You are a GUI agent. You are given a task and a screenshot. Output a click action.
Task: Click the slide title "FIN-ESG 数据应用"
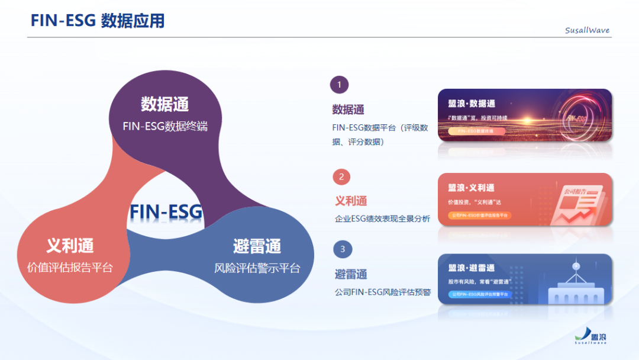click(x=98, y=21)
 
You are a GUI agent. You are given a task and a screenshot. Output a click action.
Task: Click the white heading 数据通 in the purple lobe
click(x=164, y=104)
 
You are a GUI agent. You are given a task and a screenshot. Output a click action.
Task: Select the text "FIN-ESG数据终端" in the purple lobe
click(x=165, y=126)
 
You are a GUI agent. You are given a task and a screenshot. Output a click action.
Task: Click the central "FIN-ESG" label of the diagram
click(x=166, y=211)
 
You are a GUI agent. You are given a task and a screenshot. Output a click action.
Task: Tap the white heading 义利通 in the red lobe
click(x=70, y=245)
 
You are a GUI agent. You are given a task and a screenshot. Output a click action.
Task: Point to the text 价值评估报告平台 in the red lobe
click(x=70, y=267)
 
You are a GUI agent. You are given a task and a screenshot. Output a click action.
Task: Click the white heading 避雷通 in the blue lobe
click(x=257, y=246)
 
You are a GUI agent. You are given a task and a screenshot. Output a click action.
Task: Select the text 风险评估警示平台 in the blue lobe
click(x=257, y=268)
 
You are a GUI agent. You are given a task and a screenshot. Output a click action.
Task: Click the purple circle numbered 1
click(x=339, y=85)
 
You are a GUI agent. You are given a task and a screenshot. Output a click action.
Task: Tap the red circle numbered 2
click(x=341, y=176)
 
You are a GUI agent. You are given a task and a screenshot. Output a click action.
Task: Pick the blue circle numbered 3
click(x=343, y=249)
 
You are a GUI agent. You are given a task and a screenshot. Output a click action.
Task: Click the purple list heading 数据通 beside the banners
click(x=348, y=110)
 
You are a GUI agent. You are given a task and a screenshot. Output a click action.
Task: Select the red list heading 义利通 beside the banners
click(x=351, y=201)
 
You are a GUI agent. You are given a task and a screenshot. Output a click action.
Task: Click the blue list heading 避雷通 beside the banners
click(x=351, y=274)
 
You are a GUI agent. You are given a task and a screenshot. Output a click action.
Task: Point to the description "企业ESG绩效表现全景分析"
click(x=382, y=219)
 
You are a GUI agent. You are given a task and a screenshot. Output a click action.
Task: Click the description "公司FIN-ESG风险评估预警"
click(x=382, y=292)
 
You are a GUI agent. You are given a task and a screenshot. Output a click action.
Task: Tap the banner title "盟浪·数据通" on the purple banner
click(x=472, y=104)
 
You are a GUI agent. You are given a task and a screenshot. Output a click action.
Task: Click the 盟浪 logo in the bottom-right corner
click(x=591, y=336)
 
